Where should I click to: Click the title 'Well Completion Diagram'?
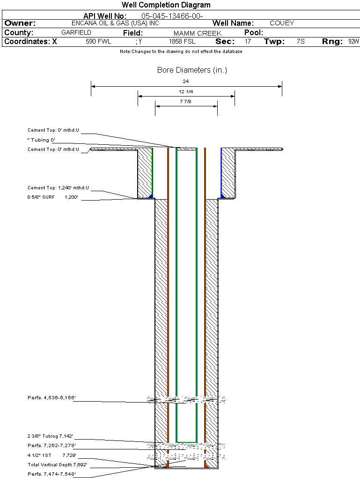point(166,5)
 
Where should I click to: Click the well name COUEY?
point(282,23)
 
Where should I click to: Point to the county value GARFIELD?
point(76,32)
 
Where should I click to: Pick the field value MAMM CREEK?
point(198,33)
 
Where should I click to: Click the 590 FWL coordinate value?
point(98,42)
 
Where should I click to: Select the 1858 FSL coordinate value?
point(182,42)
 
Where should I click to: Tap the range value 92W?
point(353,42)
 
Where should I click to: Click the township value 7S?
point(301,42)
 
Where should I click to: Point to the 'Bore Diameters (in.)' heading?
point(192,70)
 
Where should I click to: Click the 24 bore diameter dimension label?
point(186,81)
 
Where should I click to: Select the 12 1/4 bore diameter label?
point(186,91)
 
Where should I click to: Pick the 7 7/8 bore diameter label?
point(186,101)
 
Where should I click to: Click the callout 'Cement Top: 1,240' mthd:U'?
point(58,188)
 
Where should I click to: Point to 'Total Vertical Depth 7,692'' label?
point(58,465)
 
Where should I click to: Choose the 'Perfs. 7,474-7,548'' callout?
point(52,474)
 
